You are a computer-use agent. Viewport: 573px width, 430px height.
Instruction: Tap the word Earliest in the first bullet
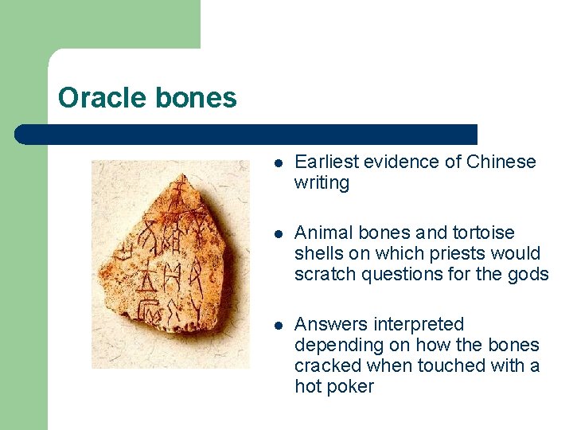(x=324, y=162)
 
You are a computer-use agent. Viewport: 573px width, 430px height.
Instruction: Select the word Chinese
(x=501, y=162)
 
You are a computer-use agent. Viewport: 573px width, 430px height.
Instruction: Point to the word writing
(x=322, y=183)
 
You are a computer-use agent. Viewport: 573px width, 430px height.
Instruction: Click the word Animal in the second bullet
(x=319, y=233)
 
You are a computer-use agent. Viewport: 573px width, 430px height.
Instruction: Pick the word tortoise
(x=484, y=233)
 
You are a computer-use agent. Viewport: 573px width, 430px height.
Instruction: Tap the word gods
(x=530, y=275)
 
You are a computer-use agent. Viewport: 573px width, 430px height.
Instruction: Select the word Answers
(x=328, y=324)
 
